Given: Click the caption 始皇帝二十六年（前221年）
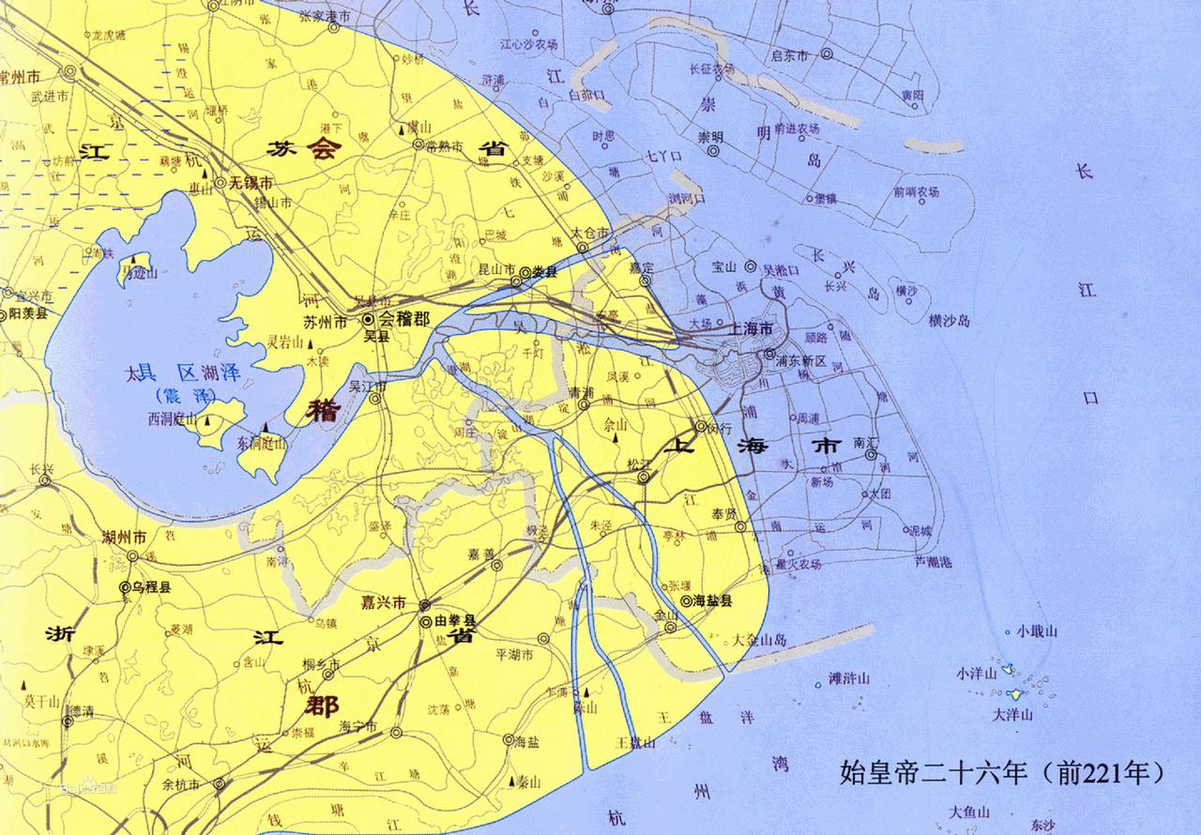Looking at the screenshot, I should (x=1003, y=774).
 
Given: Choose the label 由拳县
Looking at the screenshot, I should (x=455, y=622).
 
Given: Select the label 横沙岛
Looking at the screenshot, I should (x=949, y=321).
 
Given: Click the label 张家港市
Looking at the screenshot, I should (x=325, y=17).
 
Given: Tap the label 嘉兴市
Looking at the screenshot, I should (x=385, y=601).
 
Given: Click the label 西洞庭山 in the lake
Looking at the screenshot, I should (x=172, y=419).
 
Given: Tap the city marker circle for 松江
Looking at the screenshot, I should (x=644, y=478).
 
